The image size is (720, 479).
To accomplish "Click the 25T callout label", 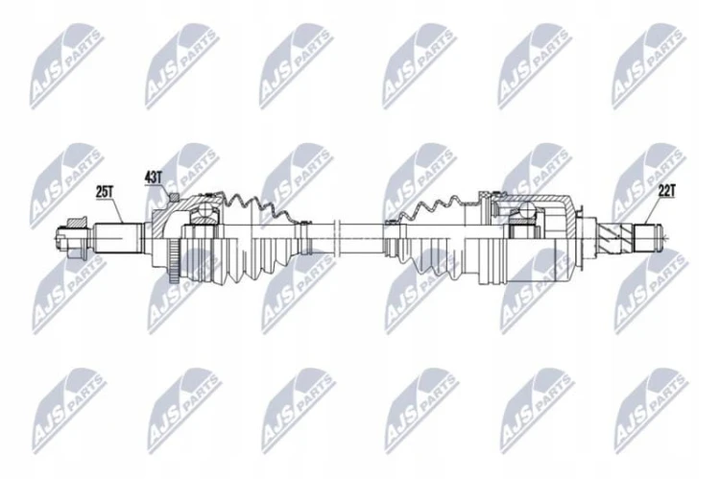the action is (105, 192).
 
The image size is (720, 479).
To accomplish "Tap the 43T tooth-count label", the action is (154, 178).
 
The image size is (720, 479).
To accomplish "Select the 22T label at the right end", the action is (666, 191).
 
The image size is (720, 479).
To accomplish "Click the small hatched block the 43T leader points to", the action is (174, 197).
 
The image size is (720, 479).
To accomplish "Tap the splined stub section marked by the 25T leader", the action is (116, 237).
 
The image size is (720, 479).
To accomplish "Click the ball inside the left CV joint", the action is (204, 211).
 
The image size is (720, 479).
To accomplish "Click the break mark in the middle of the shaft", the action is (338, 238).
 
